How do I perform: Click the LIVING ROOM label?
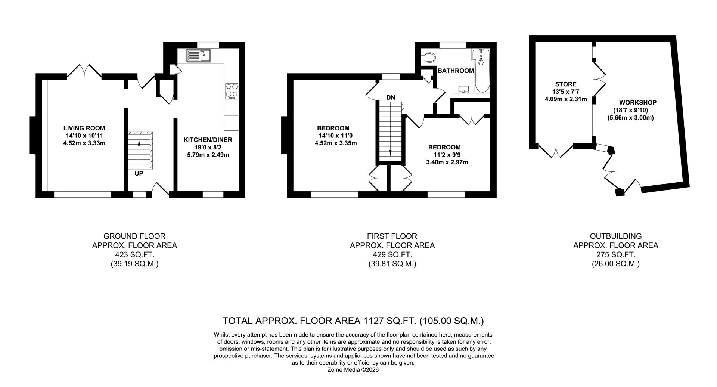84,128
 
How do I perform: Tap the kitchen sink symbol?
199,56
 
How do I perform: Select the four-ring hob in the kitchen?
232,91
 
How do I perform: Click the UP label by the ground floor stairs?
139,174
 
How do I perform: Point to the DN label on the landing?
391,98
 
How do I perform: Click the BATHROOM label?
456,71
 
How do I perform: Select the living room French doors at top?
84,71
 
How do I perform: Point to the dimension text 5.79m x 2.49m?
208,154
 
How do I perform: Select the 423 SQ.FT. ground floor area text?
134,255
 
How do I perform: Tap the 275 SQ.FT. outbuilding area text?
615,255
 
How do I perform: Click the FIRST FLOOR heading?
392,236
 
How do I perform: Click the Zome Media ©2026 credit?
353,370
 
